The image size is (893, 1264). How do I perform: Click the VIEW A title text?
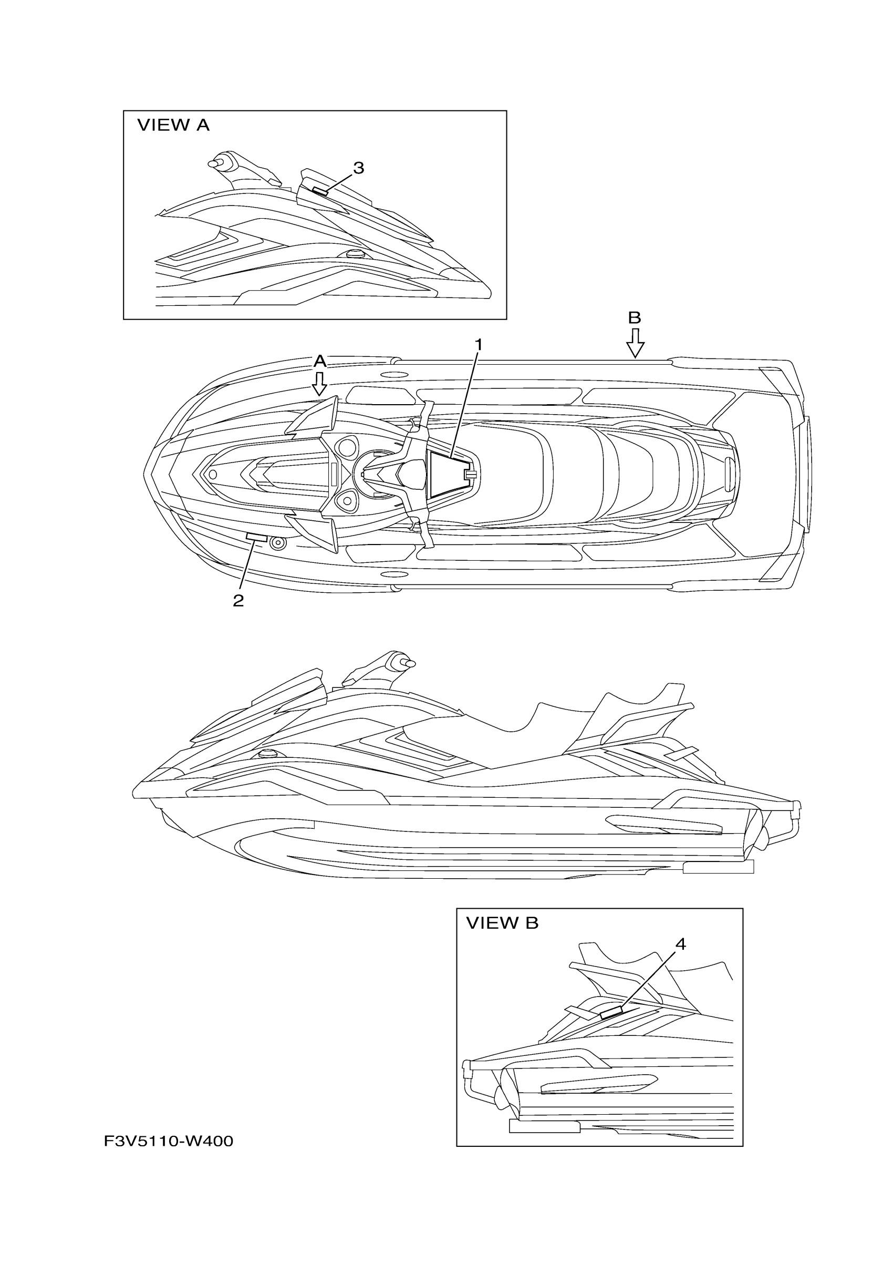tap(173, 126)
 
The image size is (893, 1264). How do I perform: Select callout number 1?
tap(479, 345)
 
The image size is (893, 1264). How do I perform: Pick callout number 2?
tap(238, 601)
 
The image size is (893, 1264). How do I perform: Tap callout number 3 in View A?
tap(358, 168)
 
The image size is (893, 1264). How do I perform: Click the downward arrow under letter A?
tap(319, 384)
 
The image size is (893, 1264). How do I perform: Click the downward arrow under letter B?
tap(635, 344)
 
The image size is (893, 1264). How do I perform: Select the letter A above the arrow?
tap(320, 362)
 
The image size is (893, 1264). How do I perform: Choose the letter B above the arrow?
tap(635, 318)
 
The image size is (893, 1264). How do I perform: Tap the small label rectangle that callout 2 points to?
tap(256, 537)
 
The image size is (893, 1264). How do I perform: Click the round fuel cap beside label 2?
tap(278, 543)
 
